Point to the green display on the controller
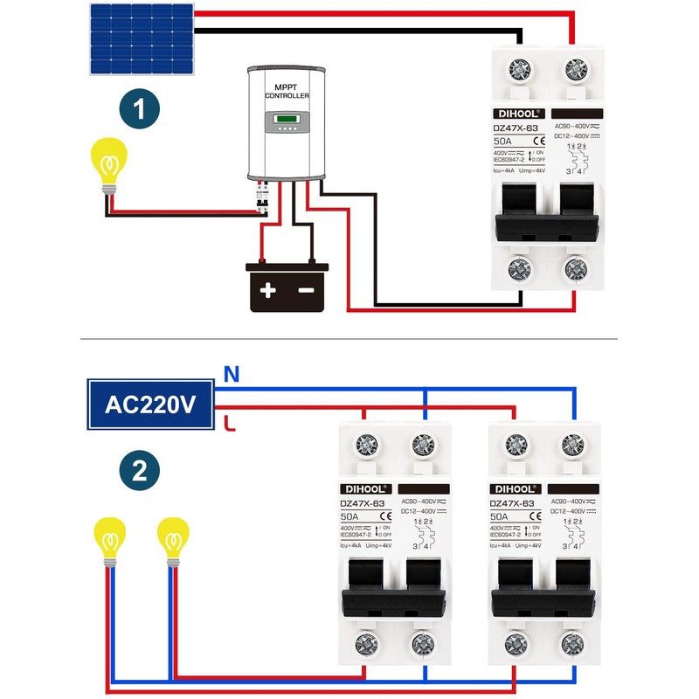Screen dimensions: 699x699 pos(287,120)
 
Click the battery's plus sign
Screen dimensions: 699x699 pos(268,290)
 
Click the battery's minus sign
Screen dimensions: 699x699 pos(307,290)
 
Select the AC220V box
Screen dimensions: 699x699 pos(150,405)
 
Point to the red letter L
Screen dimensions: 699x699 pos(230,425)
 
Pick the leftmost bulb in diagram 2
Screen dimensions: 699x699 pos(110,540)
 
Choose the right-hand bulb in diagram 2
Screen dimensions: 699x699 pos(173,540)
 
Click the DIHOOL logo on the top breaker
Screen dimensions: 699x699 pos(520,113)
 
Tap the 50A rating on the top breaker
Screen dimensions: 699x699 pos(503,141)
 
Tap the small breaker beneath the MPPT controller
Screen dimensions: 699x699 pos(261,197)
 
